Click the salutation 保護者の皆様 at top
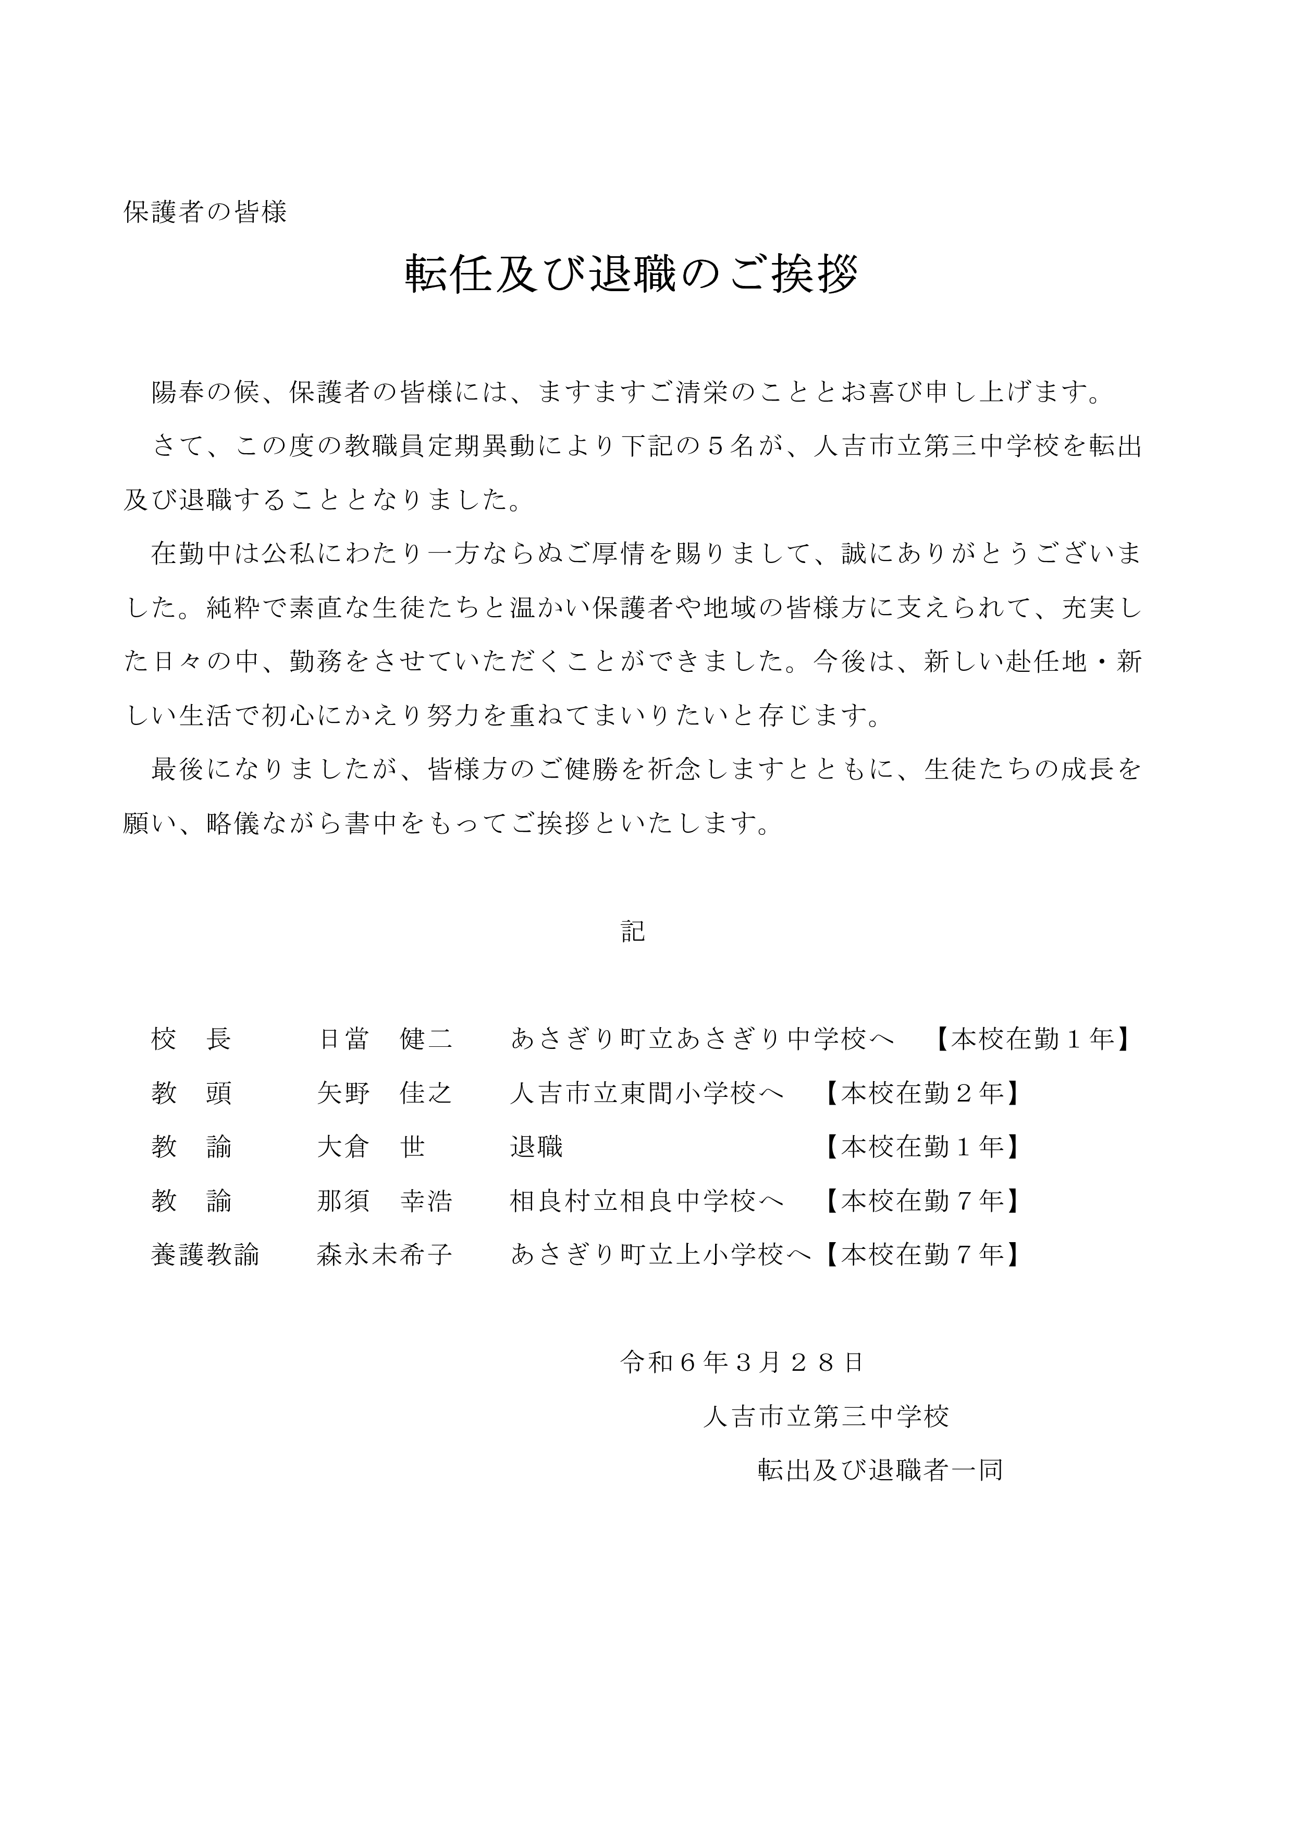tap(205, 211)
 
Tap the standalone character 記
tap(633, 931)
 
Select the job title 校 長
tap(191, 1038)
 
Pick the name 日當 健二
tap(385, 1038)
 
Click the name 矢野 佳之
tap(385, 1093)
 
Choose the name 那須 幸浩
tap(385, 1201)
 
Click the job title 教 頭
tap(191, 1093)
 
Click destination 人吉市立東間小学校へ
tap(646, 1093)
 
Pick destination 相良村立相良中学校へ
tap(646, 1201)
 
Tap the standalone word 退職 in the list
tap(537, 1147)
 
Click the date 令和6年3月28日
tap(742, 1363)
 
